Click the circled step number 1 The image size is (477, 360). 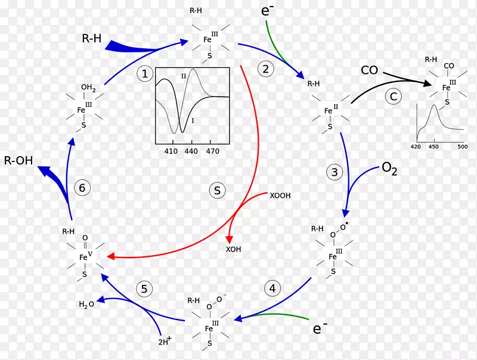[145, 73]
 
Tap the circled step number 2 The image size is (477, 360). [266, 69]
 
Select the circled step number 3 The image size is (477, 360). [334, 172]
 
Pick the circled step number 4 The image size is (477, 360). [272, 288]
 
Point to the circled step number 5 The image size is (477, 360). [144, 288]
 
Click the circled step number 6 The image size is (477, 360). [82, 188]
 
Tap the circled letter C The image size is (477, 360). [394, 97]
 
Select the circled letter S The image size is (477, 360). [217, 190]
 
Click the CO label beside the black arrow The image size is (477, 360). [369, 70]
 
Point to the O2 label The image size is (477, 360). [389, 169]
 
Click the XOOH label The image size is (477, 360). [280, 195]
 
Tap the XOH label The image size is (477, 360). [233, 249]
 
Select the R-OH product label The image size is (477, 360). [18, 160]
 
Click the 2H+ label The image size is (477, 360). [165, 341]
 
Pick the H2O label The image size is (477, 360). [86, 304]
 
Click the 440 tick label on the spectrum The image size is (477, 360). [191, 151]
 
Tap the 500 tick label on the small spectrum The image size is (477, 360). [463, 147]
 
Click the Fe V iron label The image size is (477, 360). [85, 256]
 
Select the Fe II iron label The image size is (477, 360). [331, 110]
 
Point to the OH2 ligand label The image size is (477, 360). [88, 88]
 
